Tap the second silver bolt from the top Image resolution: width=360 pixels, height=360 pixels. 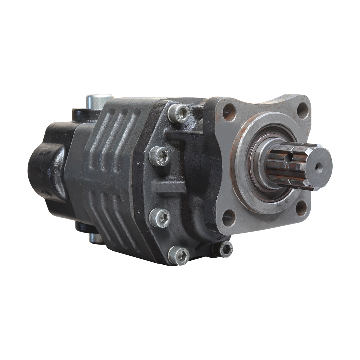(x=159, y=156)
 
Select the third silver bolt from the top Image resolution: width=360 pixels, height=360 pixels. (x=159, y=218)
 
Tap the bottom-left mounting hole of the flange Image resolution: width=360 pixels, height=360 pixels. (x=228, y=218)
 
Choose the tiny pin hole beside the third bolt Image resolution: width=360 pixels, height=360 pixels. (x=137, y=211)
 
